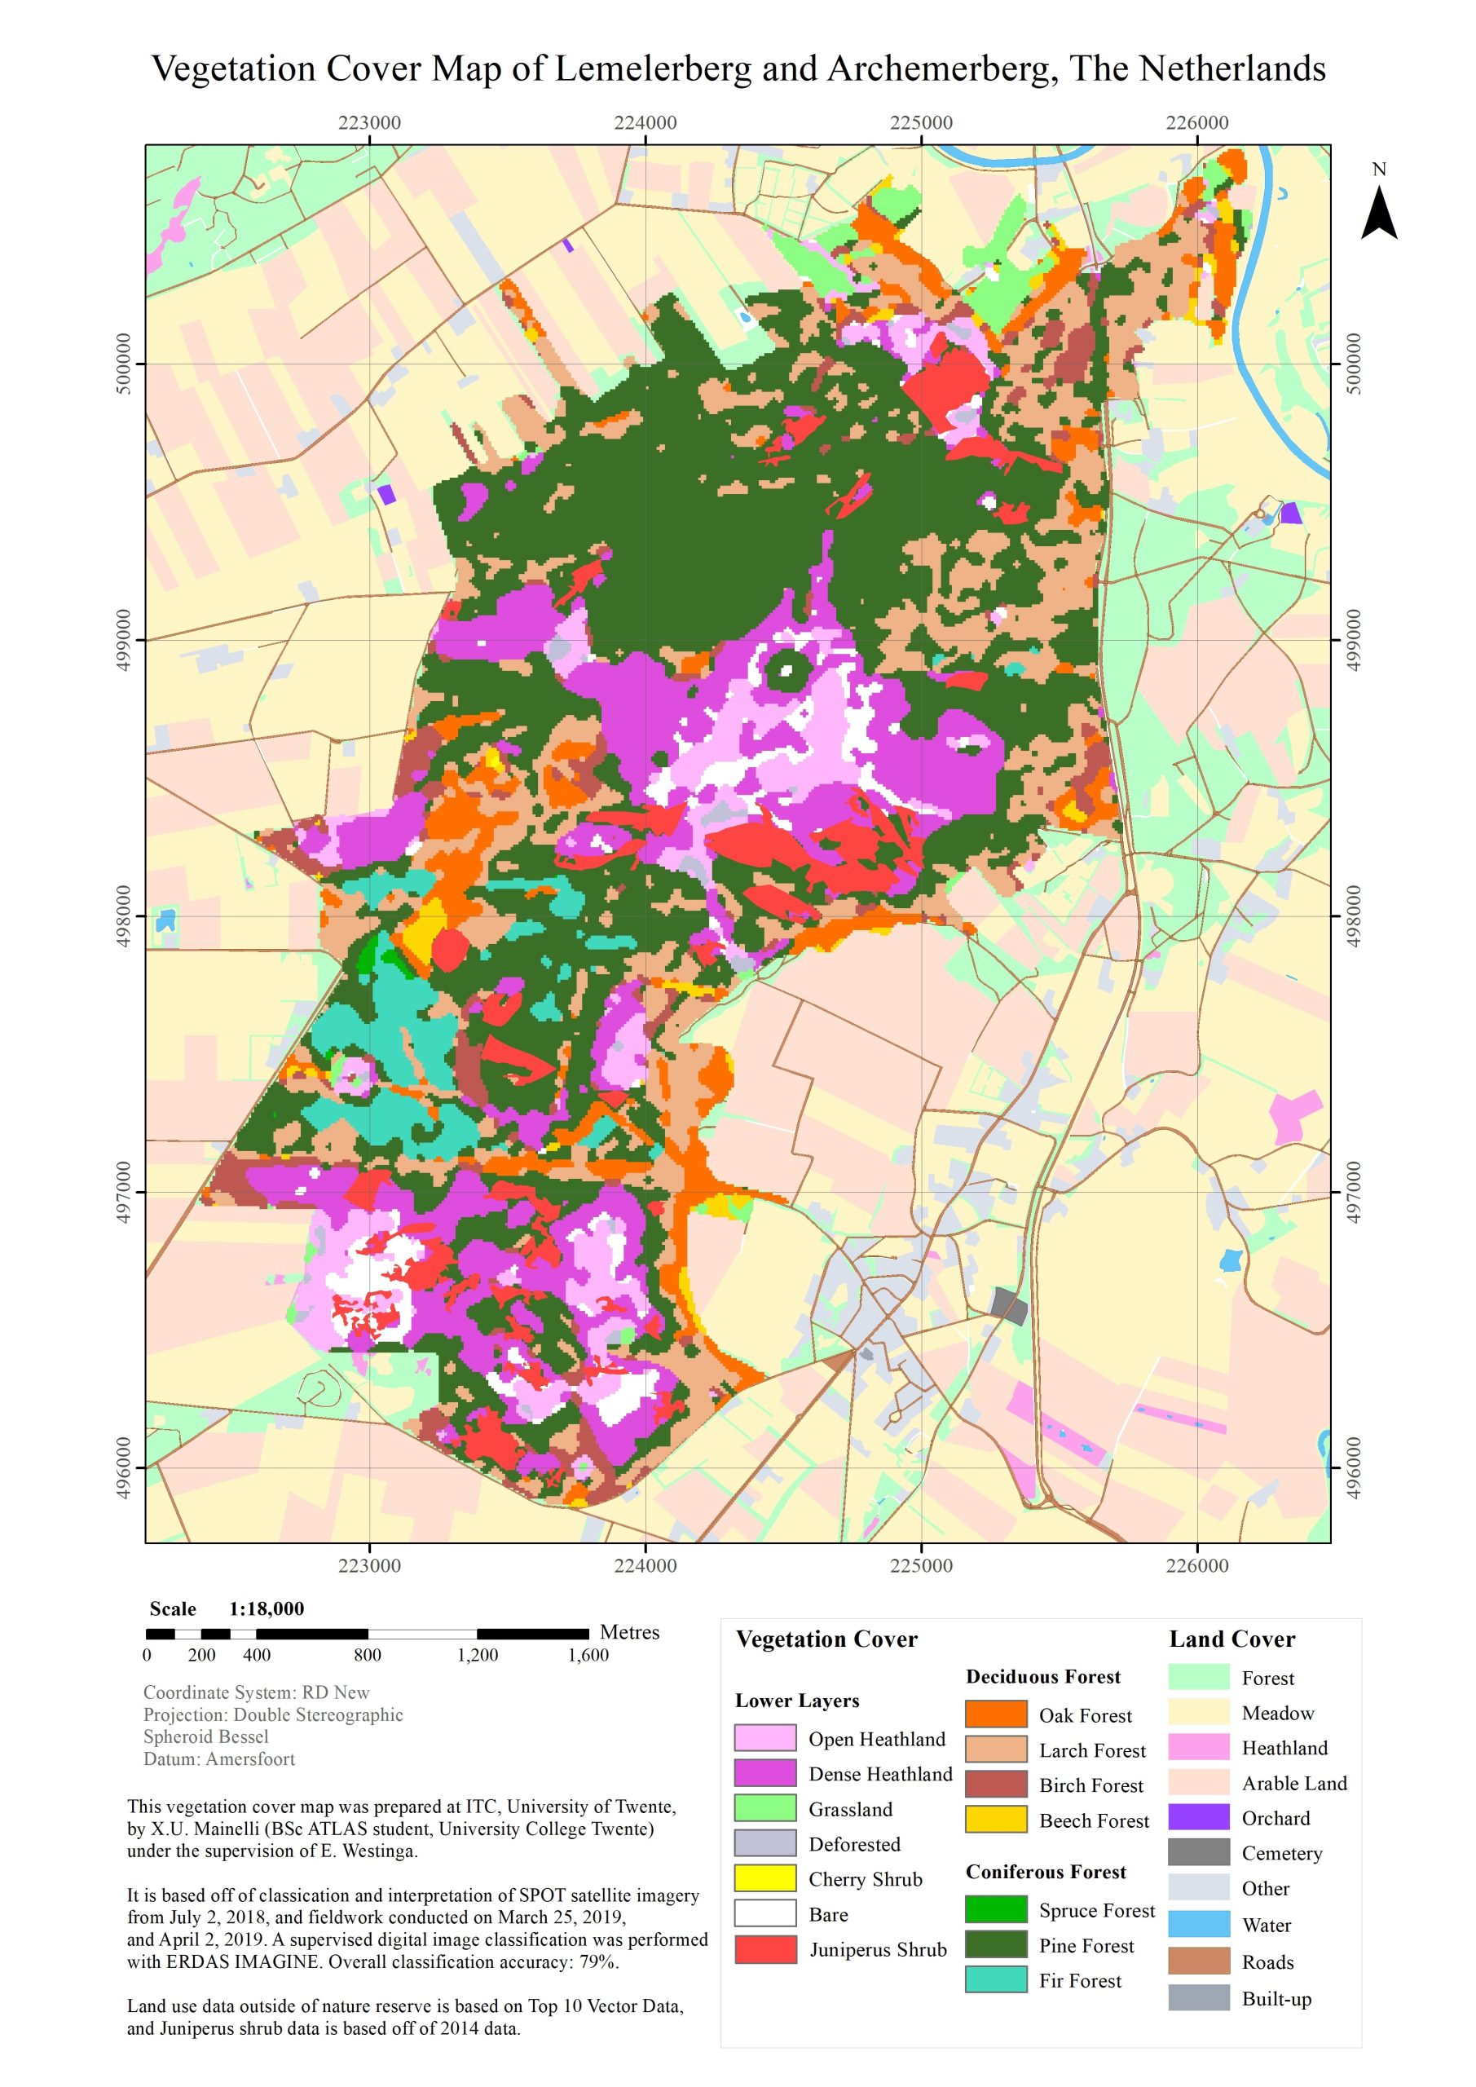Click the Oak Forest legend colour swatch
[995, 1714]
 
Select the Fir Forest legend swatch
[995, 1979]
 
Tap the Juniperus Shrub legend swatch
[765, 1949]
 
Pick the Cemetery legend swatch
[1198, 1852]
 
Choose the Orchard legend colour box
[1198, 1817]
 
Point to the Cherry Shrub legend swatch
[765, 1878]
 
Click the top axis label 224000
[645, 123]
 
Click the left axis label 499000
[124, 639]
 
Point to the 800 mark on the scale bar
[368, 1654]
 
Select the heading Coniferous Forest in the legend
[1045, 1872]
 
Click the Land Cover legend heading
[1231, 1639]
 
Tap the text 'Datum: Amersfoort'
[219, 1758]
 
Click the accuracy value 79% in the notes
[597, 1961]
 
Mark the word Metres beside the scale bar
[629, 1631]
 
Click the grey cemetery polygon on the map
[1009, 1306]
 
